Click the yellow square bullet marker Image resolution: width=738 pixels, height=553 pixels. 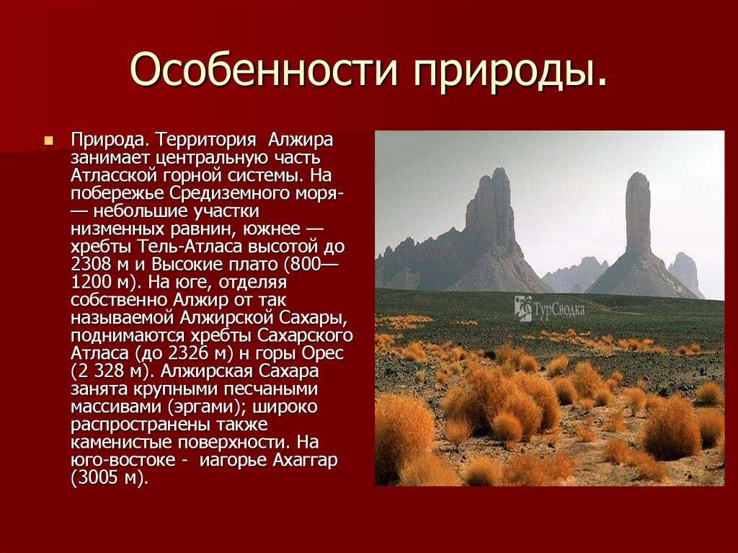pyautogui.click(x=48, y=141)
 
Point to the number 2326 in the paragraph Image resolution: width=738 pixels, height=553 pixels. pyautogui.click(x=187, y=353)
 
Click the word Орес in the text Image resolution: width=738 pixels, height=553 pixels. pyautogui.click(x=323, y=353)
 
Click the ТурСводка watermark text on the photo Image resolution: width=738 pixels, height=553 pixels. pyautogui.click(x=559, y=309)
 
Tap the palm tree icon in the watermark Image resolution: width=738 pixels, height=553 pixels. pyautogui.click(x=523, y=309)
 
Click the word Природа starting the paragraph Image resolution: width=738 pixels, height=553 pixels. pyautogui.click(x=110, y=141)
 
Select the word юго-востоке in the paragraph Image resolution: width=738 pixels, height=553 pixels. pyautogui.click(x=123, y=460)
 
